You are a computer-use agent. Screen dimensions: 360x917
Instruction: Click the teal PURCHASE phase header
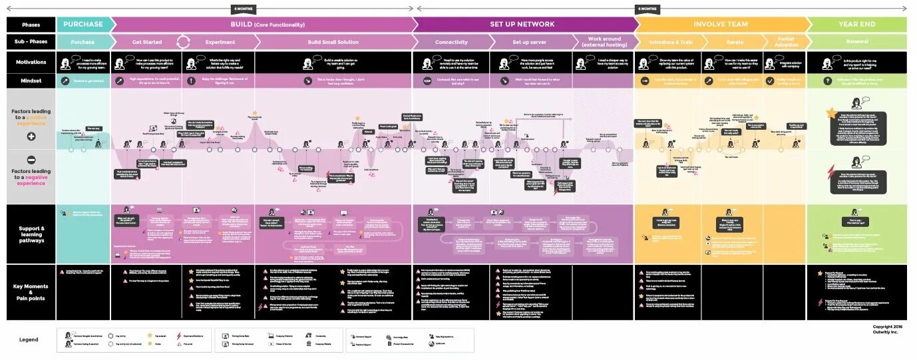[x=83, y=25]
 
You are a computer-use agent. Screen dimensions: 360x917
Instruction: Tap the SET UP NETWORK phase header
[x=522, y=25]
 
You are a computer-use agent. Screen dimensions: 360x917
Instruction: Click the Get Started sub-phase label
[x=146, y=42]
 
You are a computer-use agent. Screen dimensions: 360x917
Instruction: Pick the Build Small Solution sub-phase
[x=333, y=42]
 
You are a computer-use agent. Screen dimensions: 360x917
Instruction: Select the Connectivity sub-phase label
[x=451, y=42]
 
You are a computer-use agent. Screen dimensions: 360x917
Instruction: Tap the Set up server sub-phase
[x=529, y=42]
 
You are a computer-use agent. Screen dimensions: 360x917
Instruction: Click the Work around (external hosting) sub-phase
[x=604, y=42]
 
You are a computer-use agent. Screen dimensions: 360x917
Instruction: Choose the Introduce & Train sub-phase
[x=670, y=42]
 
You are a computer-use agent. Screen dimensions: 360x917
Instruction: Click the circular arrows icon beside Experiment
[x=183, y=42]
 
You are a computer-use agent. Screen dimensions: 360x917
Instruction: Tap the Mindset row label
[x=31, y=81]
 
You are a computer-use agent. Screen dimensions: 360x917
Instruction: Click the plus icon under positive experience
[x=31, y=136]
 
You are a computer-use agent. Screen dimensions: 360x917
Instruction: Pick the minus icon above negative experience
[x=31, y=160]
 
